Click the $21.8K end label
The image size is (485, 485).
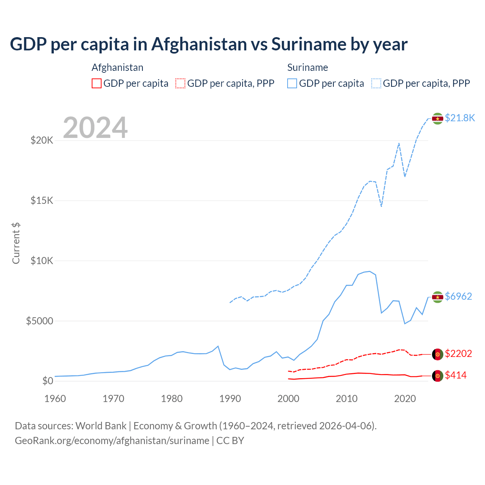click(x=460, y=118)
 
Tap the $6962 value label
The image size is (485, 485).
click(x=458, y=296)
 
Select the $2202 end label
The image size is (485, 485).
click(x=458, y=354)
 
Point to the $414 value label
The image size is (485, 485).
click(x=456, y=375)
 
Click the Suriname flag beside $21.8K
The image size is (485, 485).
click(x=438, y=119)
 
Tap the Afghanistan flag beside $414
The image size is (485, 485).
click(x=438, y=376)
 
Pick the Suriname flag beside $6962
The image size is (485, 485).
click(x=438, y=297)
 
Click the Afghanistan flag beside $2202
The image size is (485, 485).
click(x=438, y=354)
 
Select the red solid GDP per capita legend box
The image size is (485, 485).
click(x=97, y=83)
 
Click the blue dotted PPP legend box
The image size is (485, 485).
click(x=376, y=83)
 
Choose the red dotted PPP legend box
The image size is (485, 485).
click(x=180, y=83)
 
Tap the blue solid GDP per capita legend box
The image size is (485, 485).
click(x=292, y=83)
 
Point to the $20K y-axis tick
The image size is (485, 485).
click(x=42, y=141)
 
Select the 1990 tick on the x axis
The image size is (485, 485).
click(x=230, y=399)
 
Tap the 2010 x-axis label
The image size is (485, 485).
click(x=347, y=399)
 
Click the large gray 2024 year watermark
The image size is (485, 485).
click(x=95, y=128)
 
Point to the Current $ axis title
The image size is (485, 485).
click(x=16, y=243)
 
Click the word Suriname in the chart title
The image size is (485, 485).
click(x=308, y=44)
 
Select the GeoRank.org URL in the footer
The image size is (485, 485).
click(x=112, y=441)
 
